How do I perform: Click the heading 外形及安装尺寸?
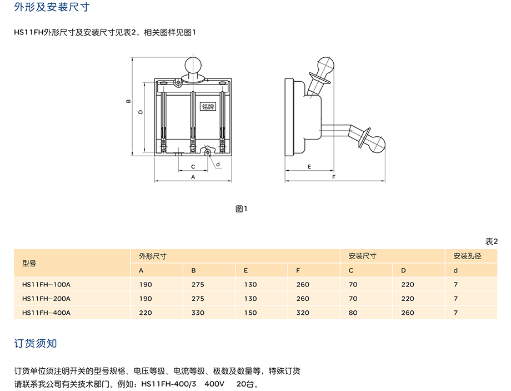click(x=52, y=7)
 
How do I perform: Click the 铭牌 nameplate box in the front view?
click(x=208, y=106)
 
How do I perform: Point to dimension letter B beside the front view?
click(x=128, y=101)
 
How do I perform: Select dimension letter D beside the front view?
click(x=141, y=112)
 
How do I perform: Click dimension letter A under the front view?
click(x=193, y=177)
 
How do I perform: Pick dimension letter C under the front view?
click(x=193, y=166)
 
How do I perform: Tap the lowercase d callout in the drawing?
click(x=218, y=164)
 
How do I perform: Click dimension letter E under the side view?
click(x=309, y=166)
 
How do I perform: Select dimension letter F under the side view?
click(x=333, y=177)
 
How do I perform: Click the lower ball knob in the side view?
click(x=377, y=144)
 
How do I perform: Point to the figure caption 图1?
click(x=242, y=209)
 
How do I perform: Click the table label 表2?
click(x=492, y=241)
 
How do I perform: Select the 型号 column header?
click(x=29, y=263)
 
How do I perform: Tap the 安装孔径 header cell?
click(x=467, y=256)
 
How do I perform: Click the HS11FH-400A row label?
click(x=46, y=313)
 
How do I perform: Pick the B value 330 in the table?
click(x=198, y=313)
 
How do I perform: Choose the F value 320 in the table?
click(x=303, y=313)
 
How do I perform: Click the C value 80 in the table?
click(x=353, y=313)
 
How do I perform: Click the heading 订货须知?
click(x=36, y=343)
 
